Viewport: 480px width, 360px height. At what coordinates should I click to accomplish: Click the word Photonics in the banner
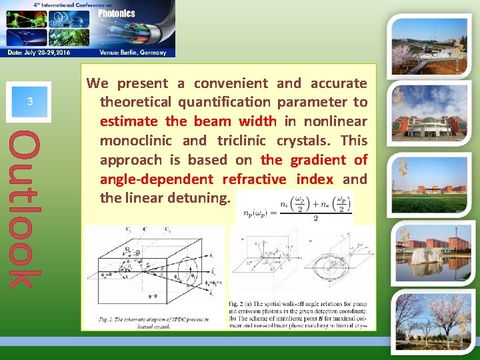click(x=117, y=13)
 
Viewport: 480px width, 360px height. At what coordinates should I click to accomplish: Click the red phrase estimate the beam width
click(x=187, y=121)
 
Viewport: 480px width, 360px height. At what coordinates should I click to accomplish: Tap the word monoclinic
click(x=137, y=141)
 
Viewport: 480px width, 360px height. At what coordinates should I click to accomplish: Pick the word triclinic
click(x=241, y=141)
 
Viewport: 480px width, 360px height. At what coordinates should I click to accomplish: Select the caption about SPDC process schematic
click(x=154, y=323)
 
